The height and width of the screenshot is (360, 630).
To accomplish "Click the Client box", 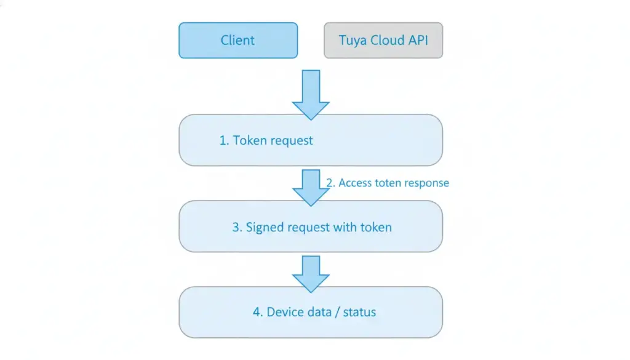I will (238, 41).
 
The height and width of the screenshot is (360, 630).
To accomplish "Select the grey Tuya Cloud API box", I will (383, 41).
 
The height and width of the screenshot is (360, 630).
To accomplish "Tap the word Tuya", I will (352, 41).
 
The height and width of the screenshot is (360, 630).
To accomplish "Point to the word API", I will (416, 41).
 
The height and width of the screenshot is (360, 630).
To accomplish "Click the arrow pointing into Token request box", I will (311, 95).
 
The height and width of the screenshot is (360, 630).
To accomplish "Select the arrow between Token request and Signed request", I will (311, 187).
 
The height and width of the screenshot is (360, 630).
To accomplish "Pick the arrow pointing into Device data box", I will (311, 273).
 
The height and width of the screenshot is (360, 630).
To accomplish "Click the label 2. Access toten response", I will (388, 183).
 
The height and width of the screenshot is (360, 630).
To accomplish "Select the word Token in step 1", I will (250, 140).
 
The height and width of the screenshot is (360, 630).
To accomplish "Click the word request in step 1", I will (291, 141).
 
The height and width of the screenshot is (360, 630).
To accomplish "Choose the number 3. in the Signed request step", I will (237, 227).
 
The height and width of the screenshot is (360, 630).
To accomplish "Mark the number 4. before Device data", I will (258, 312).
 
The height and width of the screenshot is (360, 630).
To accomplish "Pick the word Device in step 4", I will (286, 312).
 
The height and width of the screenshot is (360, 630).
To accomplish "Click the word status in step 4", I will (359, 312).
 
